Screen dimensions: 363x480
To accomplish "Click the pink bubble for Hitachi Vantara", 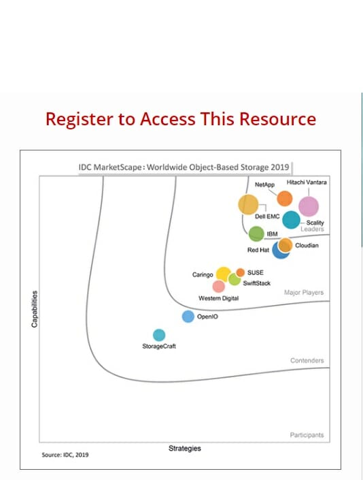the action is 309,206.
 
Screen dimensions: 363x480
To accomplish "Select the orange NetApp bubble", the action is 284,198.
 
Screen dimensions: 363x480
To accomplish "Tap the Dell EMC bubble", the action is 248,204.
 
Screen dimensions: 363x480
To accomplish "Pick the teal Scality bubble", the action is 291,219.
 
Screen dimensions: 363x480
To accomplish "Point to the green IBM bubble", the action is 256,234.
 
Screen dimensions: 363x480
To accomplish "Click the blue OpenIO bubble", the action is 188,317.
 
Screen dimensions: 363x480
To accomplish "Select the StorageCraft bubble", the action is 159,335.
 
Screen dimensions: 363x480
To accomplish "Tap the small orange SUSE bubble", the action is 240,272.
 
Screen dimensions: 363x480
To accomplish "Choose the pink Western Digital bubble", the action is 218,287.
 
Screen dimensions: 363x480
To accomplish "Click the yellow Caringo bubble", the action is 224,274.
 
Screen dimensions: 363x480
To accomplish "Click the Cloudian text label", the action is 307,246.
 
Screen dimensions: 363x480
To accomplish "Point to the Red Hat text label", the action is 258,250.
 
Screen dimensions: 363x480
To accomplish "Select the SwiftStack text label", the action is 257,283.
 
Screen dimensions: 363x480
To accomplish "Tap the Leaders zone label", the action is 312,229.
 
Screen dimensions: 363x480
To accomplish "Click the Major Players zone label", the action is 304,292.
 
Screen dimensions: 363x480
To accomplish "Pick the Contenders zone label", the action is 307,360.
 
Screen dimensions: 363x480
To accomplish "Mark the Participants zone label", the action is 307,435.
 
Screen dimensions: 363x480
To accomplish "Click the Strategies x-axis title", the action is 184,449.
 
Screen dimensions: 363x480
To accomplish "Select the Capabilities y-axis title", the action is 35,309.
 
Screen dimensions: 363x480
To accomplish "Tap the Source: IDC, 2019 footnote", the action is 65,455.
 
